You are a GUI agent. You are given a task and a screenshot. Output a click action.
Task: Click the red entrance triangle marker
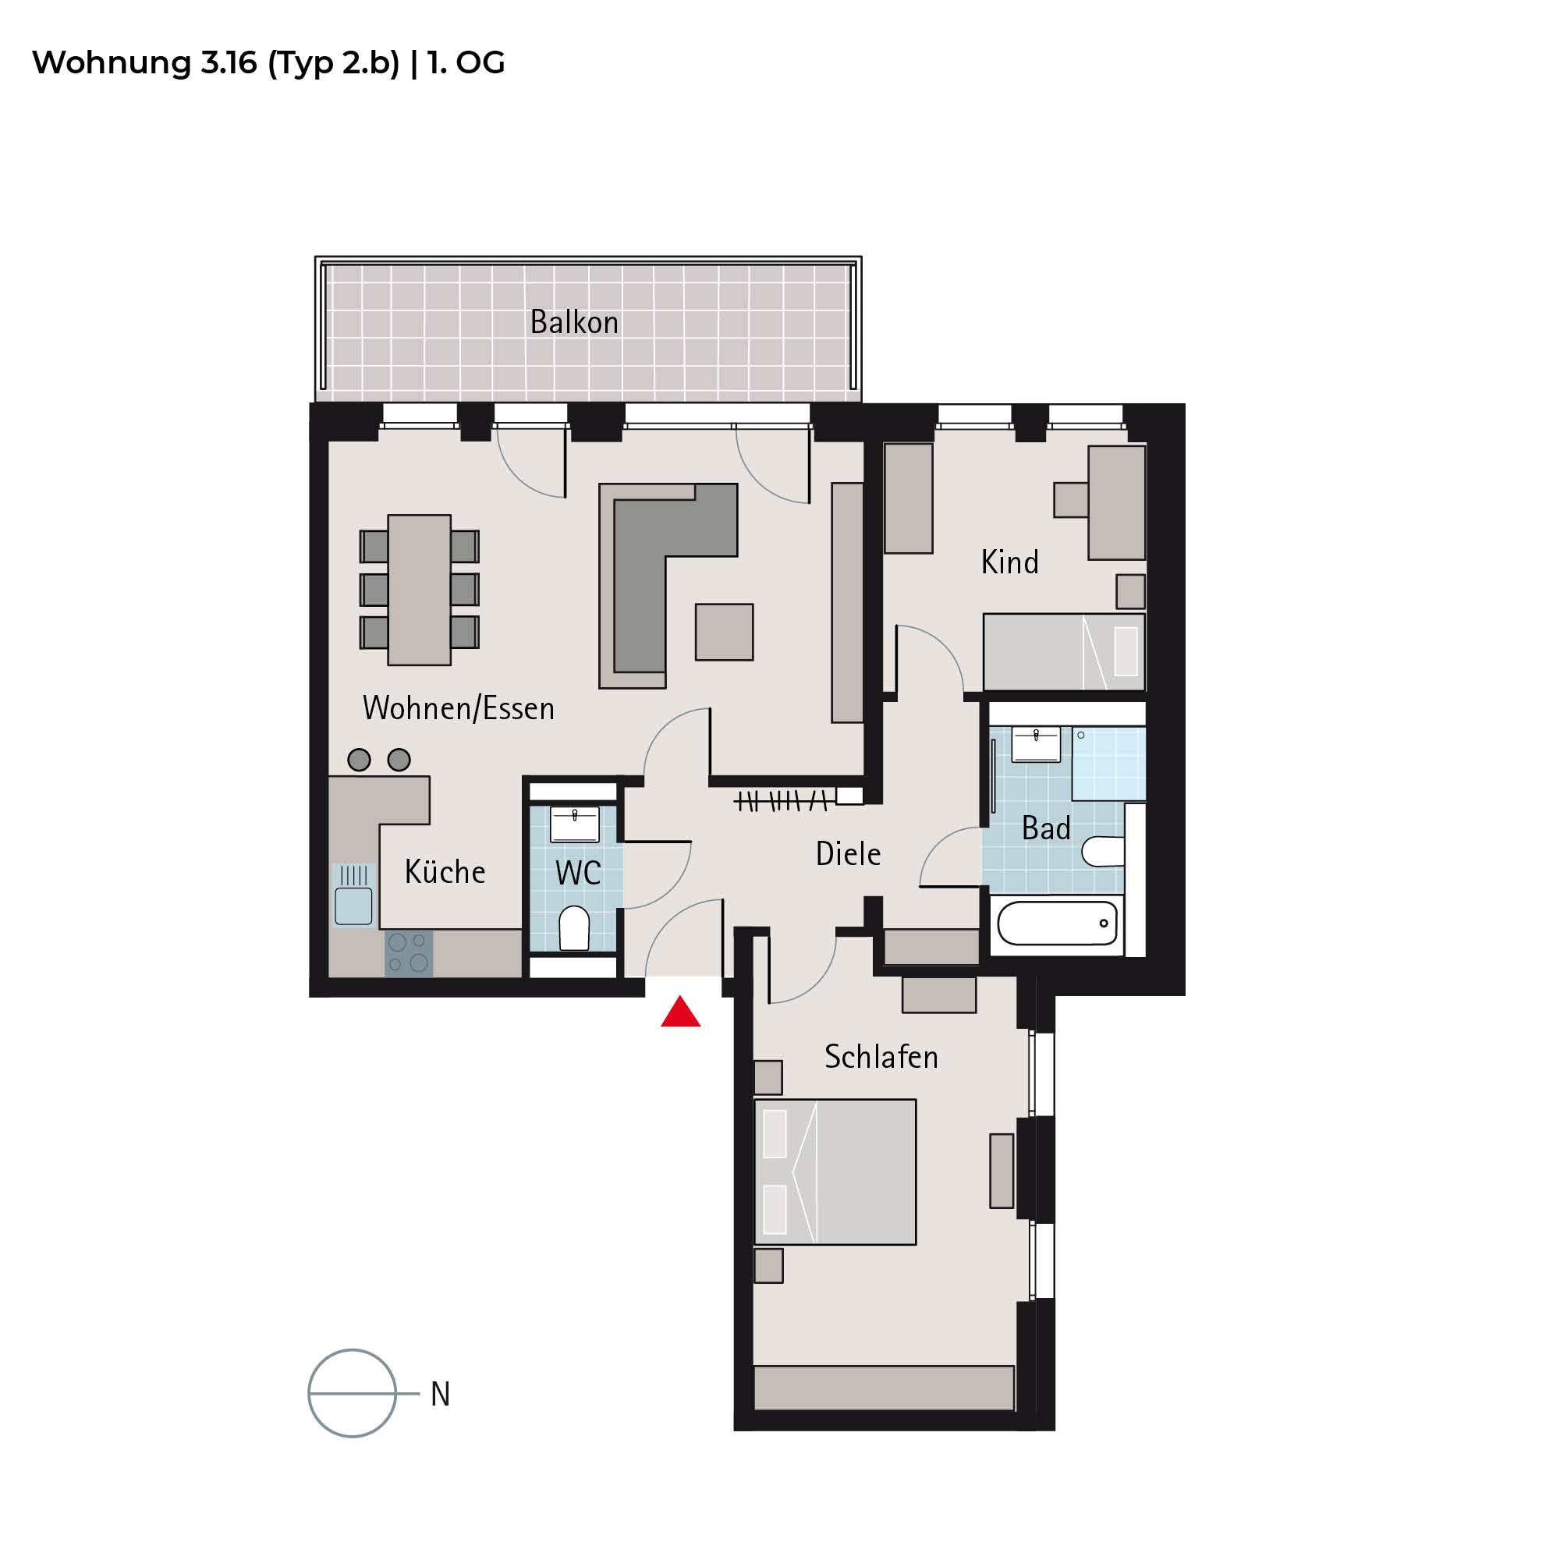tap(681, 1012)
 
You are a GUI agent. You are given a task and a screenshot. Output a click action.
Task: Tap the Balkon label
tap(574, 322)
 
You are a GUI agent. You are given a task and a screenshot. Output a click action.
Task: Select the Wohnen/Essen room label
tap(459, 708)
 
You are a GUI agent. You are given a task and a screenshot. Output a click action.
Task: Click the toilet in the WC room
tap(574, 927)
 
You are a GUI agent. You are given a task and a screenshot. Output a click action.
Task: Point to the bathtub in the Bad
tap(1058, 923)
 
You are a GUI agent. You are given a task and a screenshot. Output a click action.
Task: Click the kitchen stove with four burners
tap(409, 954)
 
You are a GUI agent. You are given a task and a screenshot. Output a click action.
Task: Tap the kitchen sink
tap(353, 895)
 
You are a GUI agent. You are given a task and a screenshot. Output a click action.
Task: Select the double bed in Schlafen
tap(835, 1172)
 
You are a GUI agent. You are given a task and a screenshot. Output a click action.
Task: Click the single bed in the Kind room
tap(1064, 651)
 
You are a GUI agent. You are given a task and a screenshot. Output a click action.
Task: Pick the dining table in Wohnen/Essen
tap(419, 590)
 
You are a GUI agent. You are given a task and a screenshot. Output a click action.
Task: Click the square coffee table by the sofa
tap(725, 633)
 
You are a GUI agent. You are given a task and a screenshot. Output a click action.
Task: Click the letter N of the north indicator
tap(440, 1395)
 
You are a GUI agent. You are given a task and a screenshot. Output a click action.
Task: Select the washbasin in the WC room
tap(575, 824)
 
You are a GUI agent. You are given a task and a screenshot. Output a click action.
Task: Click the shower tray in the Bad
tap(1108, 763)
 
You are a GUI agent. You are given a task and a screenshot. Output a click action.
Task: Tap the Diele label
tap(848, 853)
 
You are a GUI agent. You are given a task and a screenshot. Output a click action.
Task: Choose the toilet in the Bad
tap(1102, 851)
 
